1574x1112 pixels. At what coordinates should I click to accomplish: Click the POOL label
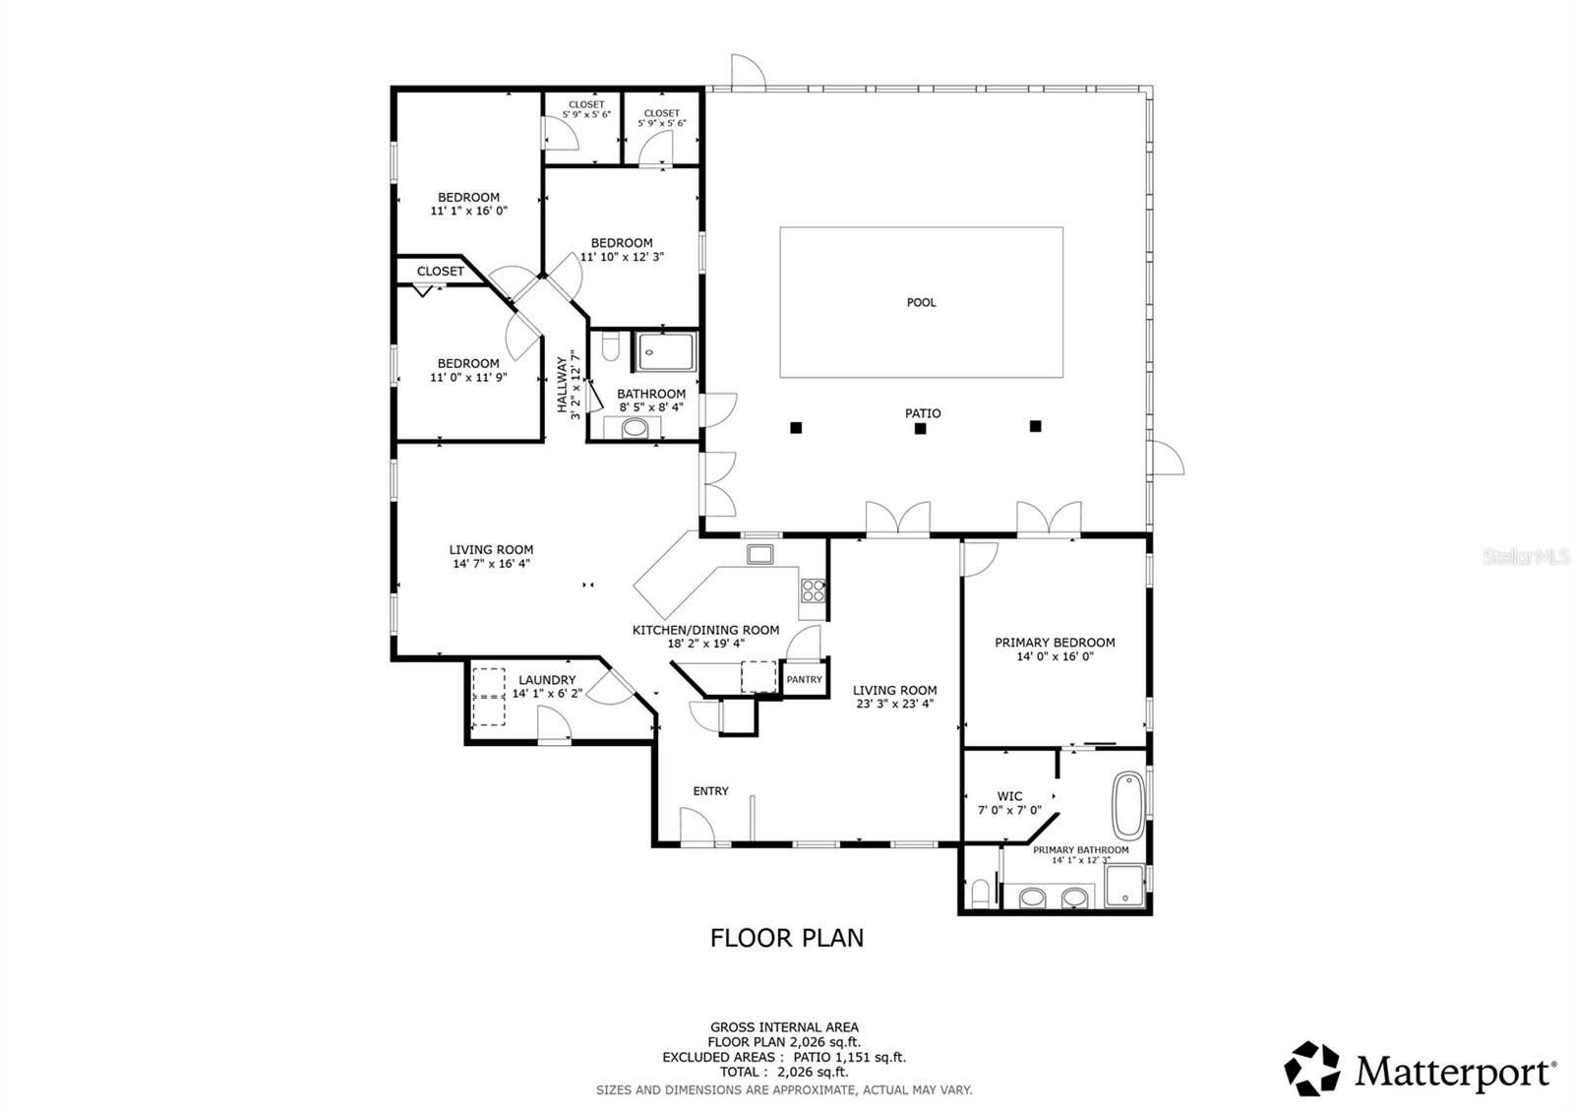(x=921, y=302)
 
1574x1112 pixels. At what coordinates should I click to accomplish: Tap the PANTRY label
(x=804, y=679)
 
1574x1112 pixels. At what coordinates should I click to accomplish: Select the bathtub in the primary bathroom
(x=1124, y=806)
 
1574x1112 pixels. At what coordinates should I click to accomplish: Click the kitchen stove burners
(x=813, y=590)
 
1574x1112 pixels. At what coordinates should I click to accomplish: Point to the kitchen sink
(x=760, y=554)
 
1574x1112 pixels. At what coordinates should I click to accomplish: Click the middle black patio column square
(x=920, y=428)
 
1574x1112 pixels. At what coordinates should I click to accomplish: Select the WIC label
(x=1009, y=796)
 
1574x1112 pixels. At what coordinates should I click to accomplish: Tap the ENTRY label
(x=710, y=791)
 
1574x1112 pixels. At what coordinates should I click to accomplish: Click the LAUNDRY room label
(x=547, y=680)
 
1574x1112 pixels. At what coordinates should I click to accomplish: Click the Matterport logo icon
(x=1313, y=1068)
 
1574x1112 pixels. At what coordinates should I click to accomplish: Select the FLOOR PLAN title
(x=787, y=938)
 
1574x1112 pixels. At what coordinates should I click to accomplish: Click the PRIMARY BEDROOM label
(x=1055, y=643)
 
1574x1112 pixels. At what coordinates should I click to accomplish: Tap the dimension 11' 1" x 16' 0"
(x=469, y=211)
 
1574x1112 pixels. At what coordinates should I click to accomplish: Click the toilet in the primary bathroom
(x=979, y=894)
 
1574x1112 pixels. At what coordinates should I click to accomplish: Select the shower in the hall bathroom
(x=667, y=352)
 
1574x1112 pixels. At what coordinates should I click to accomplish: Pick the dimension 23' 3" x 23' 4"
(x=894, y=704)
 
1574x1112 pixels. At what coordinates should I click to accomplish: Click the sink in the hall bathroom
(x=636, y=428)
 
